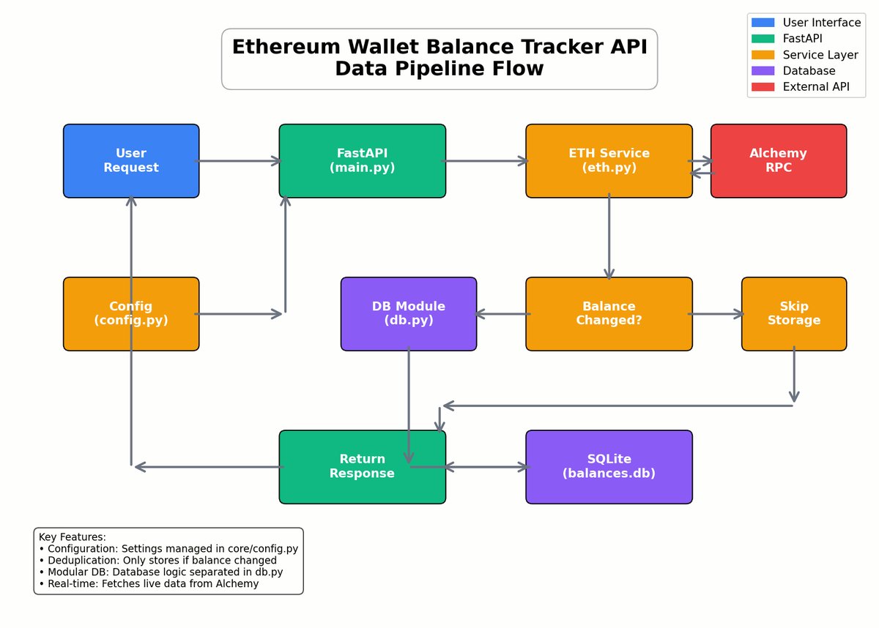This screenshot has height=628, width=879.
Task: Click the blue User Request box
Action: click(x=131, y=160)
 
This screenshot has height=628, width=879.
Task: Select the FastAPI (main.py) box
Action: click(x=362, y=160)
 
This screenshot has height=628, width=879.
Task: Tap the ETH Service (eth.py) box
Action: click(x=609, y=160)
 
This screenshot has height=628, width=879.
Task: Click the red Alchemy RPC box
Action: click(x=778, y=160)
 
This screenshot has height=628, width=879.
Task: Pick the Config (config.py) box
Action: click(x=131, y=313)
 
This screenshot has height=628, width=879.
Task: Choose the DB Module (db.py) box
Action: click(x=408, y=313)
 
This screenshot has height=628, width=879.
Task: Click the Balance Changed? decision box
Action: click(x=609, y=313)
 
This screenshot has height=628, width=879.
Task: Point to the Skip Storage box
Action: click(x=794, y=313)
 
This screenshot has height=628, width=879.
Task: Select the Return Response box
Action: click(x=362, y=466)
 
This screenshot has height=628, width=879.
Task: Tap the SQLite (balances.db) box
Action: click(x=609, y=466)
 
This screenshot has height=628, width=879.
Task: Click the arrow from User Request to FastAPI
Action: click(x=239, y=161)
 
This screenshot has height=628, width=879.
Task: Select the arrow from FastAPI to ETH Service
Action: click(x=486, y=161)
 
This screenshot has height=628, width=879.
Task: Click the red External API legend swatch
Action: click(x=763, y=87)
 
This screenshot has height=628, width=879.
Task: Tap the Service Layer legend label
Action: click(x=820, y=55)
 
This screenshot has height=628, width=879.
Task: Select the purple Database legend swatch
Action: click(x=763, y=71)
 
